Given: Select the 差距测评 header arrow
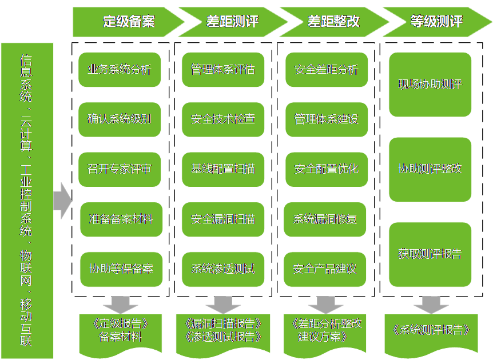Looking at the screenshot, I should coord(231,22).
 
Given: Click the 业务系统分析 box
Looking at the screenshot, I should coord(120,70).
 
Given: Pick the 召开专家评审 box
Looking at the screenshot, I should coord(120,169).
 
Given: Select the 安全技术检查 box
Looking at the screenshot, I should coord(223,119).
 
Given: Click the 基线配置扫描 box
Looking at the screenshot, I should coord(223,169).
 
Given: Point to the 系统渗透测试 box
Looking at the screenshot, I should coord(223,269).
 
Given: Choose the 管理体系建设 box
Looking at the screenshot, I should coord(326,119).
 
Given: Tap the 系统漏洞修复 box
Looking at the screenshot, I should coord(325,219).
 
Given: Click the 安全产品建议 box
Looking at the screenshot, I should coord(325,269).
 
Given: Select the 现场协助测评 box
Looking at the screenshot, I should coord(430,85).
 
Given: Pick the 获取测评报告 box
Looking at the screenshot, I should coord(430,254).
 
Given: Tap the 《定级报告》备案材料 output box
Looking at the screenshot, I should coord(120,330).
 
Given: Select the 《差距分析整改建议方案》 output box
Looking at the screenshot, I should coord(326,330).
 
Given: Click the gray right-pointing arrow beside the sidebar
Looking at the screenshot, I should coord(62,201).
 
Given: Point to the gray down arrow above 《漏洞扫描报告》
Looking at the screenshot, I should coord(223,303).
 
